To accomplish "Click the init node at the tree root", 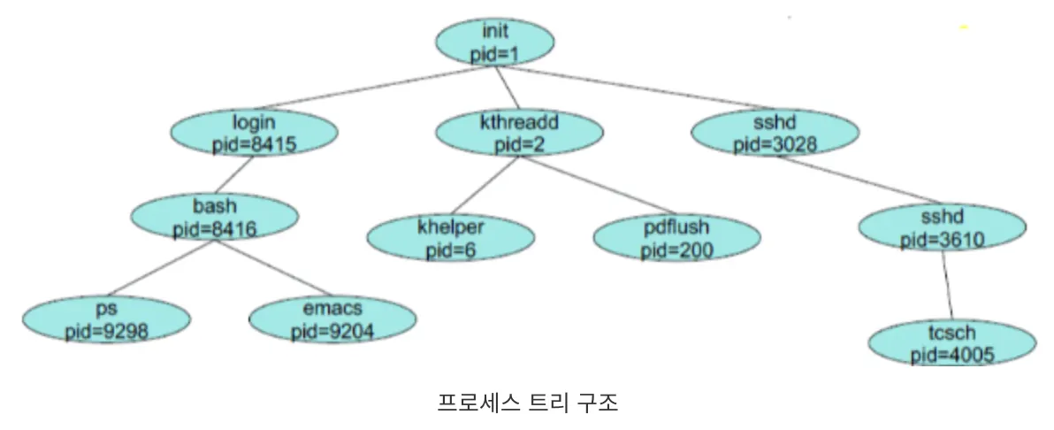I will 495,42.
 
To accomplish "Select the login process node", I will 254,132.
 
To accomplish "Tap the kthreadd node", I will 519,132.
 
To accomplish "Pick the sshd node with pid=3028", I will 775,132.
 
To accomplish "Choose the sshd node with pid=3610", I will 942,227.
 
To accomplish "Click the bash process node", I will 214,218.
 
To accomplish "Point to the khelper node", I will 450,238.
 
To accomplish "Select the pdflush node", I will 676,238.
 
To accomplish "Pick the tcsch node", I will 951,343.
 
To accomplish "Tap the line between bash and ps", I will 159,269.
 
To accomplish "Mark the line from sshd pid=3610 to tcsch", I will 947,286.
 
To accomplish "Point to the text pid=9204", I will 332,331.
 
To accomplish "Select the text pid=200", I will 676,249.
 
